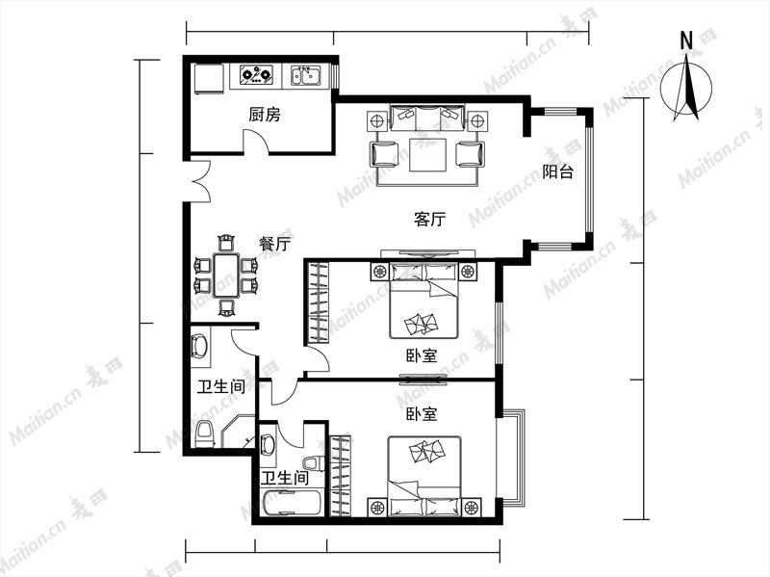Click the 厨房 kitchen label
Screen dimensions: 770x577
tap(265, 115)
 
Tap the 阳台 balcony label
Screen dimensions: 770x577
tap(558, 171)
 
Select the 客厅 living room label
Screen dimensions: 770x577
tap(429, 219)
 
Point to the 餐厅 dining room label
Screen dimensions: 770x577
tap(275, 244)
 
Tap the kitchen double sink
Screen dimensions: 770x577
tap(305, 75)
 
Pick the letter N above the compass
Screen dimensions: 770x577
tap(686, 40)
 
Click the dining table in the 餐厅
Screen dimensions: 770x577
tap(226, 275)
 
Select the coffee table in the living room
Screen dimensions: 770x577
tap(427, 155)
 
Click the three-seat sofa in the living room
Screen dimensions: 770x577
tap(426, 117)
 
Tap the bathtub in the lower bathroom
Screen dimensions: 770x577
tap(292, 503)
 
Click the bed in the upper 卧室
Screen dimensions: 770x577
tap(423, 301)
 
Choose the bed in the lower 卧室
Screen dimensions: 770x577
tap(424, 476)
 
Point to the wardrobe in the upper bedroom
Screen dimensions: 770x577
tap(318, 302)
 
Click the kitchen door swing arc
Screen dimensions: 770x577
tap(257, 140)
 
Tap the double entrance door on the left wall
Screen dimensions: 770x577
tap(199, 181)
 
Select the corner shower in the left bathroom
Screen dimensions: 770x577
tap(238, 432)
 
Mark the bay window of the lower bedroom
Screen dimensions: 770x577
tap(511, 458)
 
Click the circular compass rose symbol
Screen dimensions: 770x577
tap(686, 89)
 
